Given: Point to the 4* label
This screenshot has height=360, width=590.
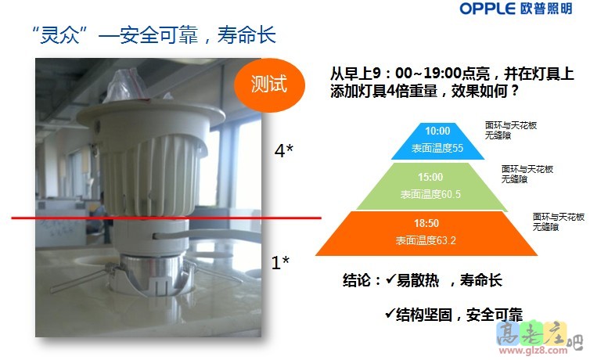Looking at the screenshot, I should [x=284, y=150].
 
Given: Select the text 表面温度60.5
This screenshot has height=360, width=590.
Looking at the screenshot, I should [x=430, y=193].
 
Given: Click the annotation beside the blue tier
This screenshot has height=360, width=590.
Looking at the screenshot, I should [x=511, y=129].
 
